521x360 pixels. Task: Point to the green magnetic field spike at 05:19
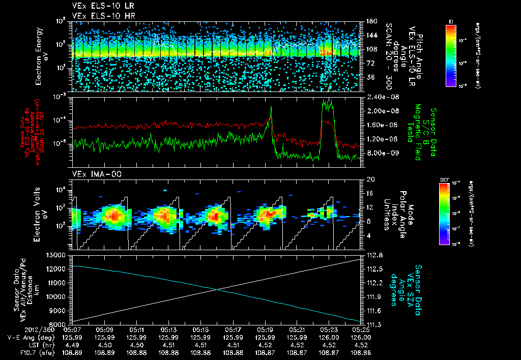(x=271, y=107)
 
